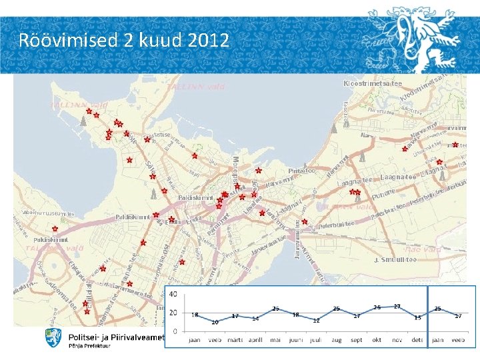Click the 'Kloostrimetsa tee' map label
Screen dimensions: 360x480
tap(373, 83)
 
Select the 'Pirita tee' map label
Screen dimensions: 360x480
tap(301, 171)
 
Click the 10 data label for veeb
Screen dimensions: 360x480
tap(215, 322)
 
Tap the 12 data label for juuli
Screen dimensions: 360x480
tap(317, 321)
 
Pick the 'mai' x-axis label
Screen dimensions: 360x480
tap(275, 339)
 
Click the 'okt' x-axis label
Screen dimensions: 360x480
tap(377, 339)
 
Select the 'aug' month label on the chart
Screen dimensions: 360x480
tap(336, 339)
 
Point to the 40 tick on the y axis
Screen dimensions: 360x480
tap(173, 294)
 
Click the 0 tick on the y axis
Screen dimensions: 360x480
tap(175, 331)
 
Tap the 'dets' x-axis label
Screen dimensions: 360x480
tap(417, 339)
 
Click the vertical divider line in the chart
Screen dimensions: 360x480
tap(427, 313)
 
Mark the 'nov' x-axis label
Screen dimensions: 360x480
tap(397, 339)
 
